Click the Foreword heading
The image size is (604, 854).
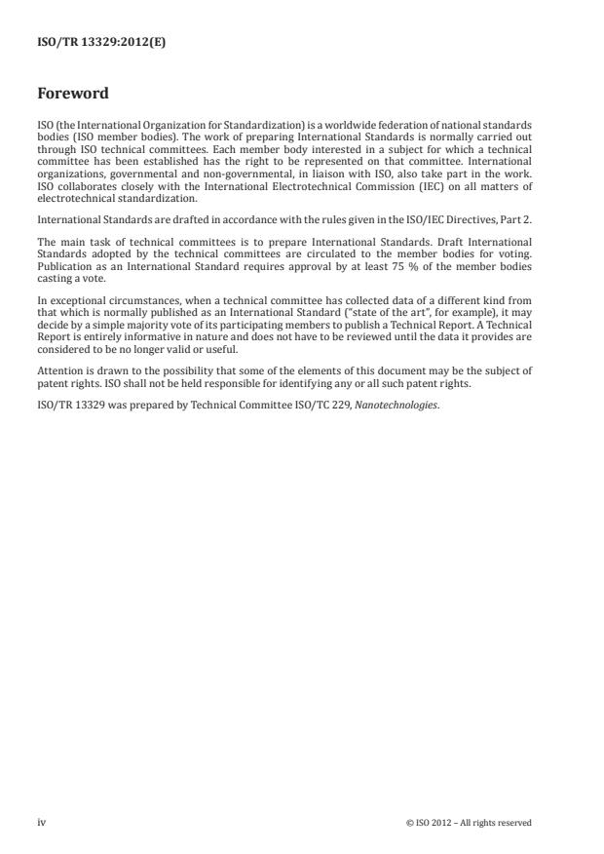click(x=73, y=94)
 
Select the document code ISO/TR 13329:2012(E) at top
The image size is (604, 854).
click(x=88, y=42)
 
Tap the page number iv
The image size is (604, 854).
click(x=41, y=822)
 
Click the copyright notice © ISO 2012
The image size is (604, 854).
click(x=469, y=823)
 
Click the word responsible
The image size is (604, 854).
click(x=211, y=384)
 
